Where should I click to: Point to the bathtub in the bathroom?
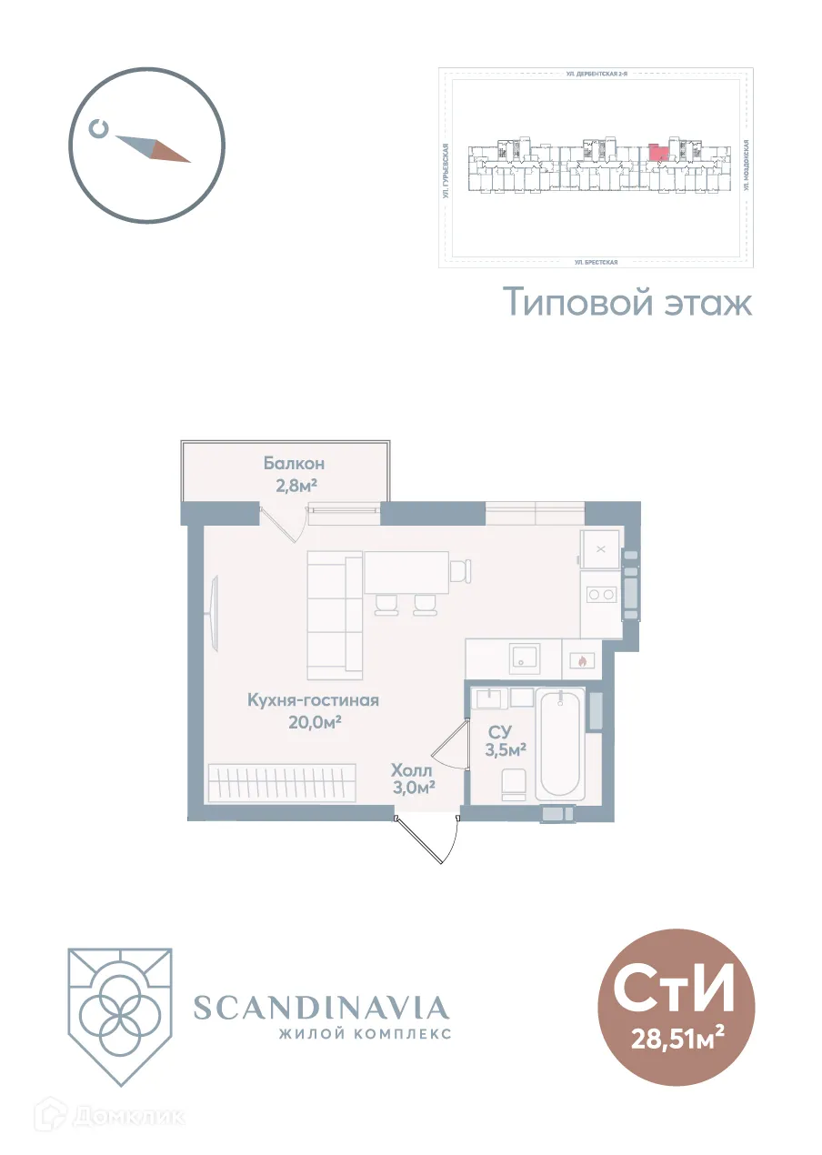point(559,744)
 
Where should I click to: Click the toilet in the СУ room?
point(515,784)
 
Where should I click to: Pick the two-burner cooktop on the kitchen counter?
point(600,595)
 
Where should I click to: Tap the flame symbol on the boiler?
point(578,661)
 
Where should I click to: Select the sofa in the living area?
point(334,614)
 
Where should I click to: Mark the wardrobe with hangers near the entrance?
point(281,782)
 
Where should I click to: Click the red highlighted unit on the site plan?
point(657,152)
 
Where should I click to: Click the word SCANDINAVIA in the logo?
point(322,1008)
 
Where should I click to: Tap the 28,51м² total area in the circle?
point(677,1038)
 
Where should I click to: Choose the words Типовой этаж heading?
point(628,302)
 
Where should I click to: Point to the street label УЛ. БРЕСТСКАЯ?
point(596,262)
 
